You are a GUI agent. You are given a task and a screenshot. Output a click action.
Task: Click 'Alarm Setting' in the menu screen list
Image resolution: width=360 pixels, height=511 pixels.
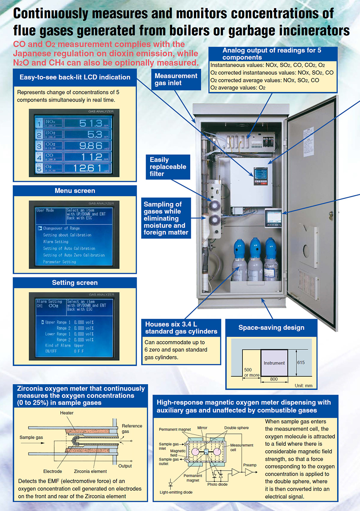pos(56,242)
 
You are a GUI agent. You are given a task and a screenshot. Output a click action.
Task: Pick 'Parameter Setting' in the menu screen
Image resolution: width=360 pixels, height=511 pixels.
pos(60,262)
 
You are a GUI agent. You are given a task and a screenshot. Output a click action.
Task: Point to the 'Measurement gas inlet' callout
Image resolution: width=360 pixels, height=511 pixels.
pos(176,79)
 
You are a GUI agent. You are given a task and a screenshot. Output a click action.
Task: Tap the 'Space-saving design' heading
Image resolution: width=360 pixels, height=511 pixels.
pos(271,327)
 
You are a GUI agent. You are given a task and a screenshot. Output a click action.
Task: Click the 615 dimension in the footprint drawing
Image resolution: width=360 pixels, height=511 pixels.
pos(301,363)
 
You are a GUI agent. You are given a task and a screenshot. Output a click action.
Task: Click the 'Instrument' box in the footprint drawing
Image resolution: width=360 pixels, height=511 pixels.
pos(274,363)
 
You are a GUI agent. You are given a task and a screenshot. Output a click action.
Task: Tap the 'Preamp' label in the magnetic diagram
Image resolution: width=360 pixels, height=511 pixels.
pos(250,465)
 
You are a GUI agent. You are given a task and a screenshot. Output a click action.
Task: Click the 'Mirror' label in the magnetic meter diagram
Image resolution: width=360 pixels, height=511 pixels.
pos(202,428)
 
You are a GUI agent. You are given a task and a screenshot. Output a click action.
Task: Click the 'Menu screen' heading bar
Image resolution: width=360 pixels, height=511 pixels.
pos(75,191)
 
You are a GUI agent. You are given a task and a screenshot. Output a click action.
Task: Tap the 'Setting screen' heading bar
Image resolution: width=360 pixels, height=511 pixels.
pos(75,283)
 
